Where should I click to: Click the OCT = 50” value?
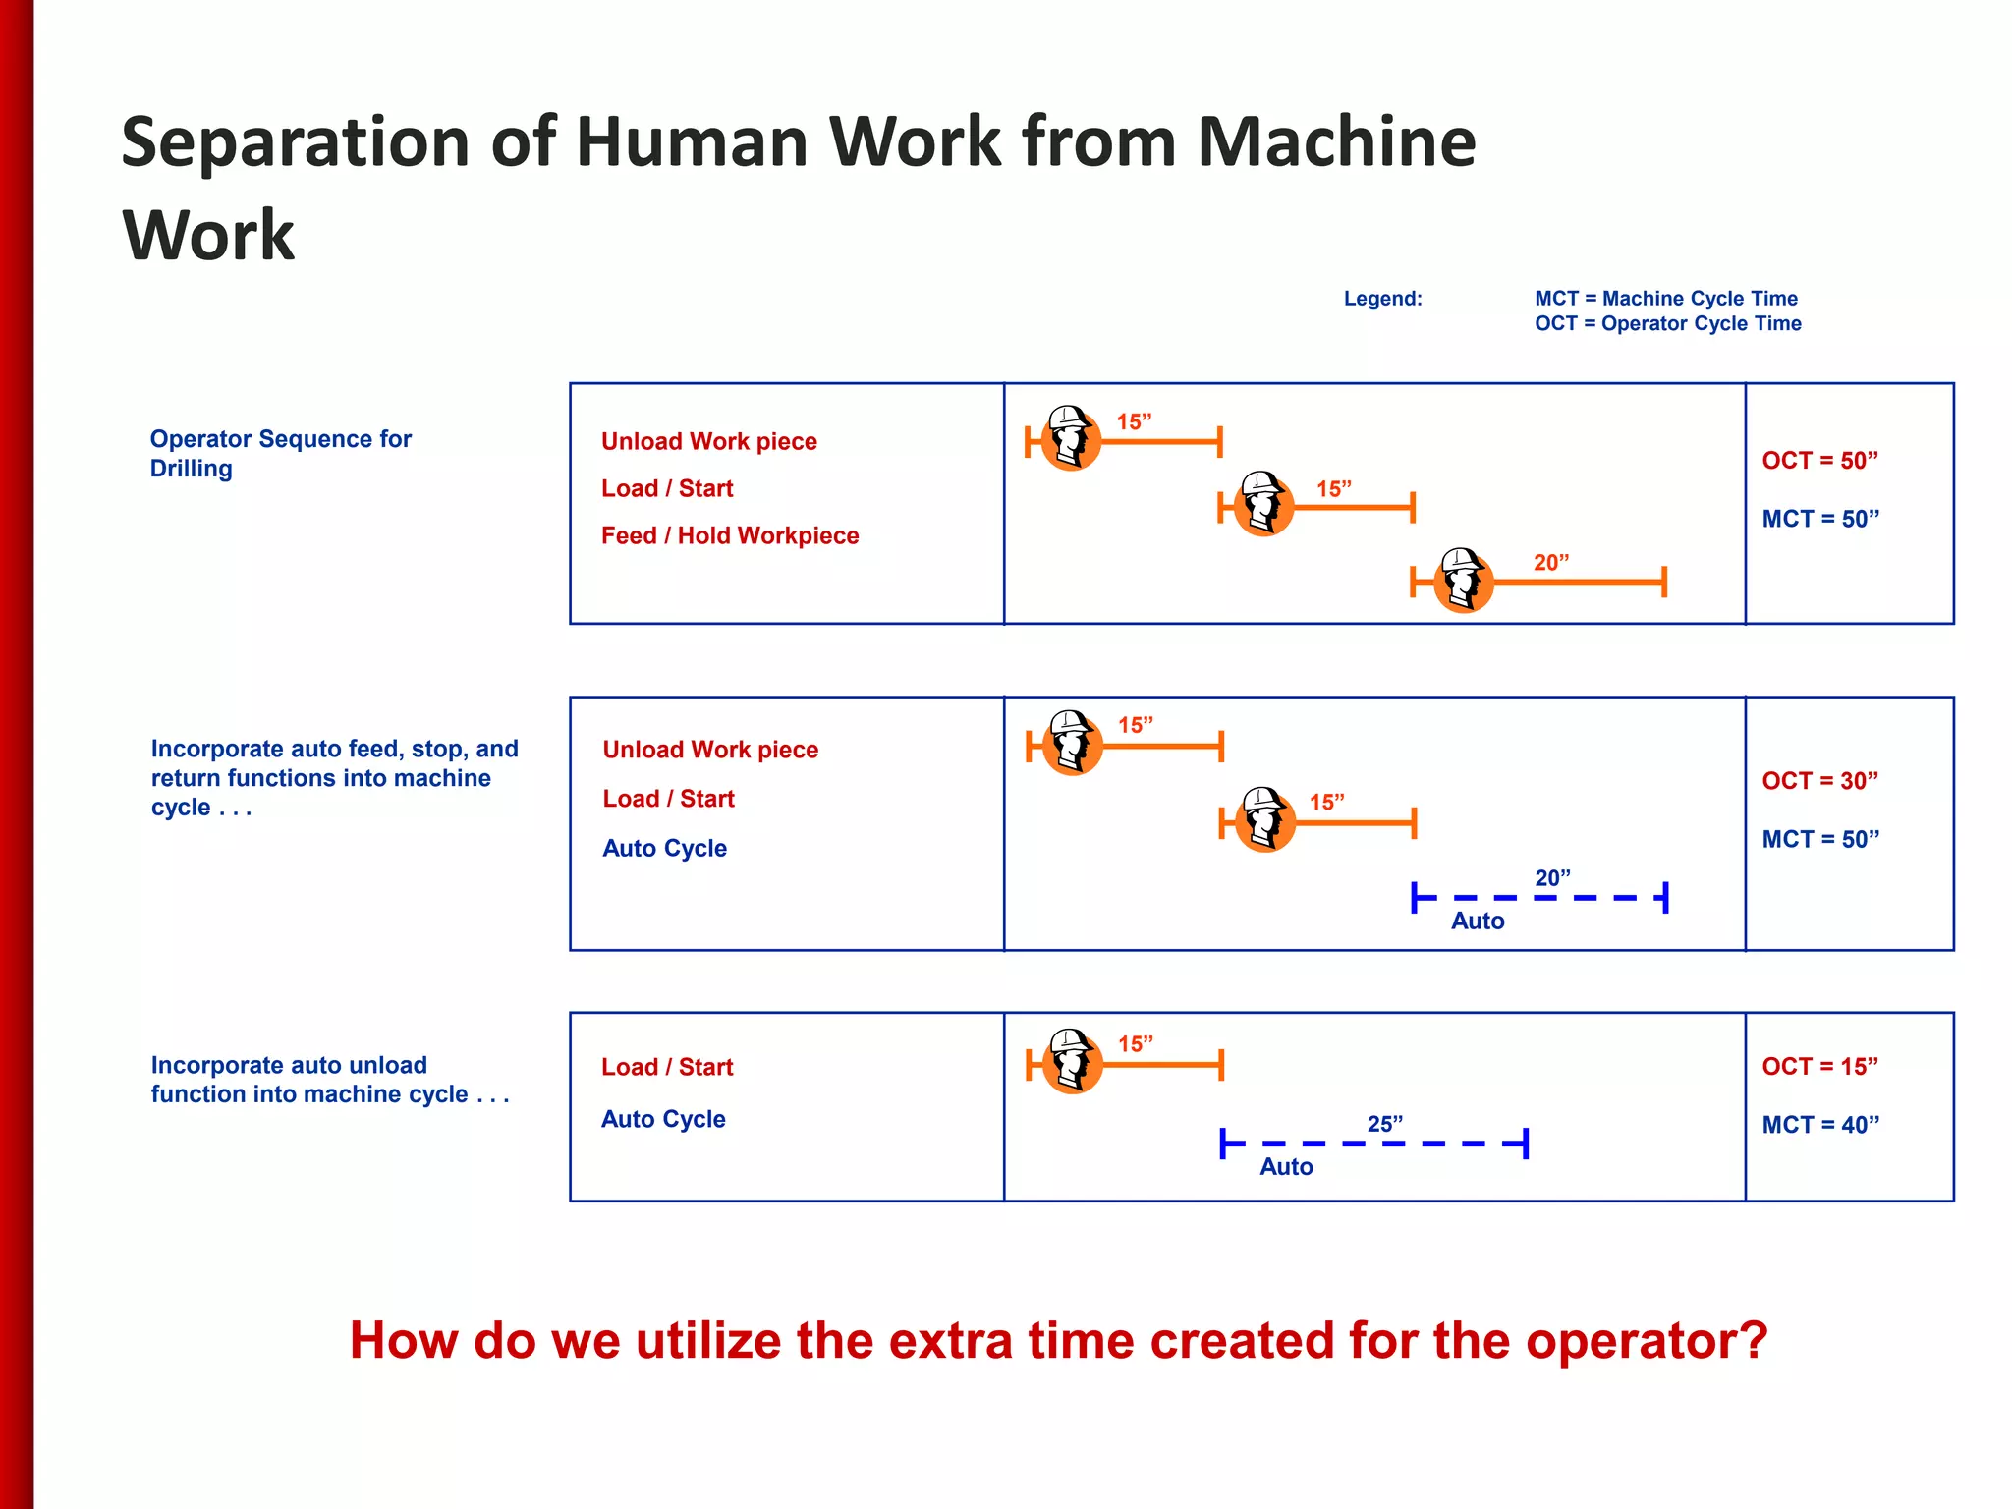pyautogui.click(x=1819, y=461)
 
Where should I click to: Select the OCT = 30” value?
pyautogui.click(x=1819, y=781)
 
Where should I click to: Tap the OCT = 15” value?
pyautogui.click(x=1819, y=1067)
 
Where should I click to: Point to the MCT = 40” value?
pyautogui.click(x=1820, y=1125)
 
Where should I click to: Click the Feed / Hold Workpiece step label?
pyautogui.click(x=730, y=535)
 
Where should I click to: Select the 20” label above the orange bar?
pyautogui.click(x=1551, y=563)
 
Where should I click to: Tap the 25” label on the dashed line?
pyautogui.click(x=1385, y=1124)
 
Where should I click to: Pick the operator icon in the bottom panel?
pyautogui.click(x=1072, y=1061)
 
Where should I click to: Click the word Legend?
pyautogui.click(x=1382, y=299)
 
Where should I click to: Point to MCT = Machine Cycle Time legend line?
pyautogui.click(x=1666, y=299)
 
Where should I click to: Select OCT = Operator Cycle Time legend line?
pyautogui.click(x=1667, y=324)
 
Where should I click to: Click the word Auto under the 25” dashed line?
pyautogui.click(x=1286, y=1167)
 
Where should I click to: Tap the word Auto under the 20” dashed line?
pyautogui.click(x=1478, y=922)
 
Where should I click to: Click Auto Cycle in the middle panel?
pyautogui.click(x=665, y=849)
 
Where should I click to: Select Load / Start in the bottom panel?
pyautogui.click(x=667, y=1067)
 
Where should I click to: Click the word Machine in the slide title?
pyautogui.click(x=1336, y=142)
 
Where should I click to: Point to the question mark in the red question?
pyautogui.click(x=1751, y=1341)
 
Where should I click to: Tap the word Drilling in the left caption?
pyautogui.click(x=192, y=469)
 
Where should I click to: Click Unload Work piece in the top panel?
pyautogui.click(x=709, y=442)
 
